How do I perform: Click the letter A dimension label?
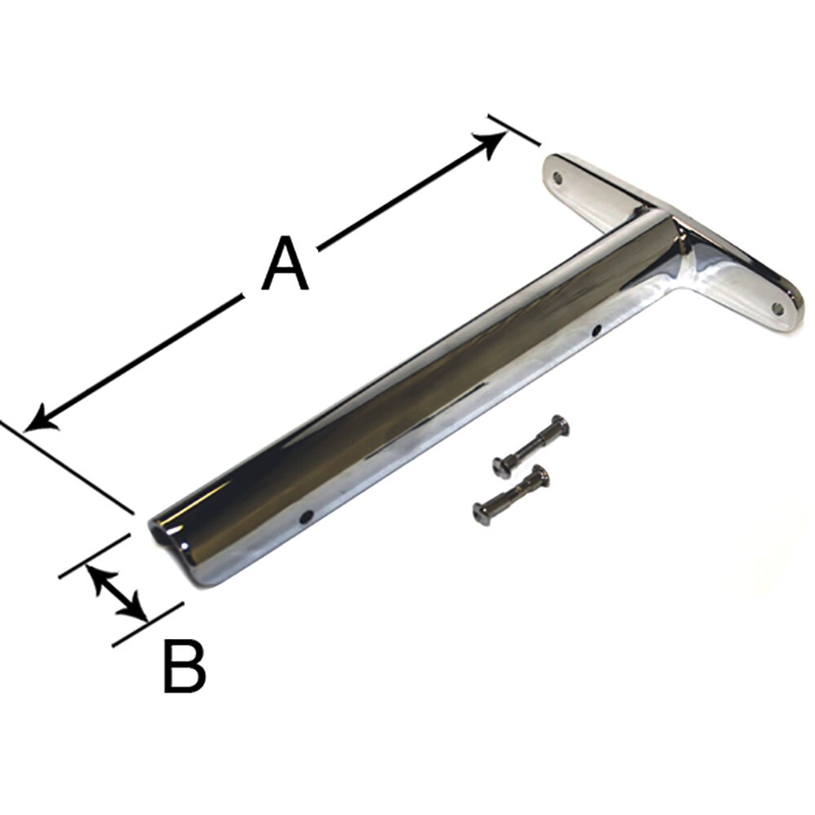coord(285,265)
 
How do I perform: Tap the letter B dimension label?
coord(184,666)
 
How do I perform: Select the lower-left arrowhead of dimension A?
coord(39,421)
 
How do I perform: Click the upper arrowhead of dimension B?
coord(96,574)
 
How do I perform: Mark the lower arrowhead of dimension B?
coord(139,612)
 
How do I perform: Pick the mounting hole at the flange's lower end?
coord(777,309)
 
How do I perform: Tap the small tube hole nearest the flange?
coord(597,331)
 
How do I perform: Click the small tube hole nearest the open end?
coord(307,515)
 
